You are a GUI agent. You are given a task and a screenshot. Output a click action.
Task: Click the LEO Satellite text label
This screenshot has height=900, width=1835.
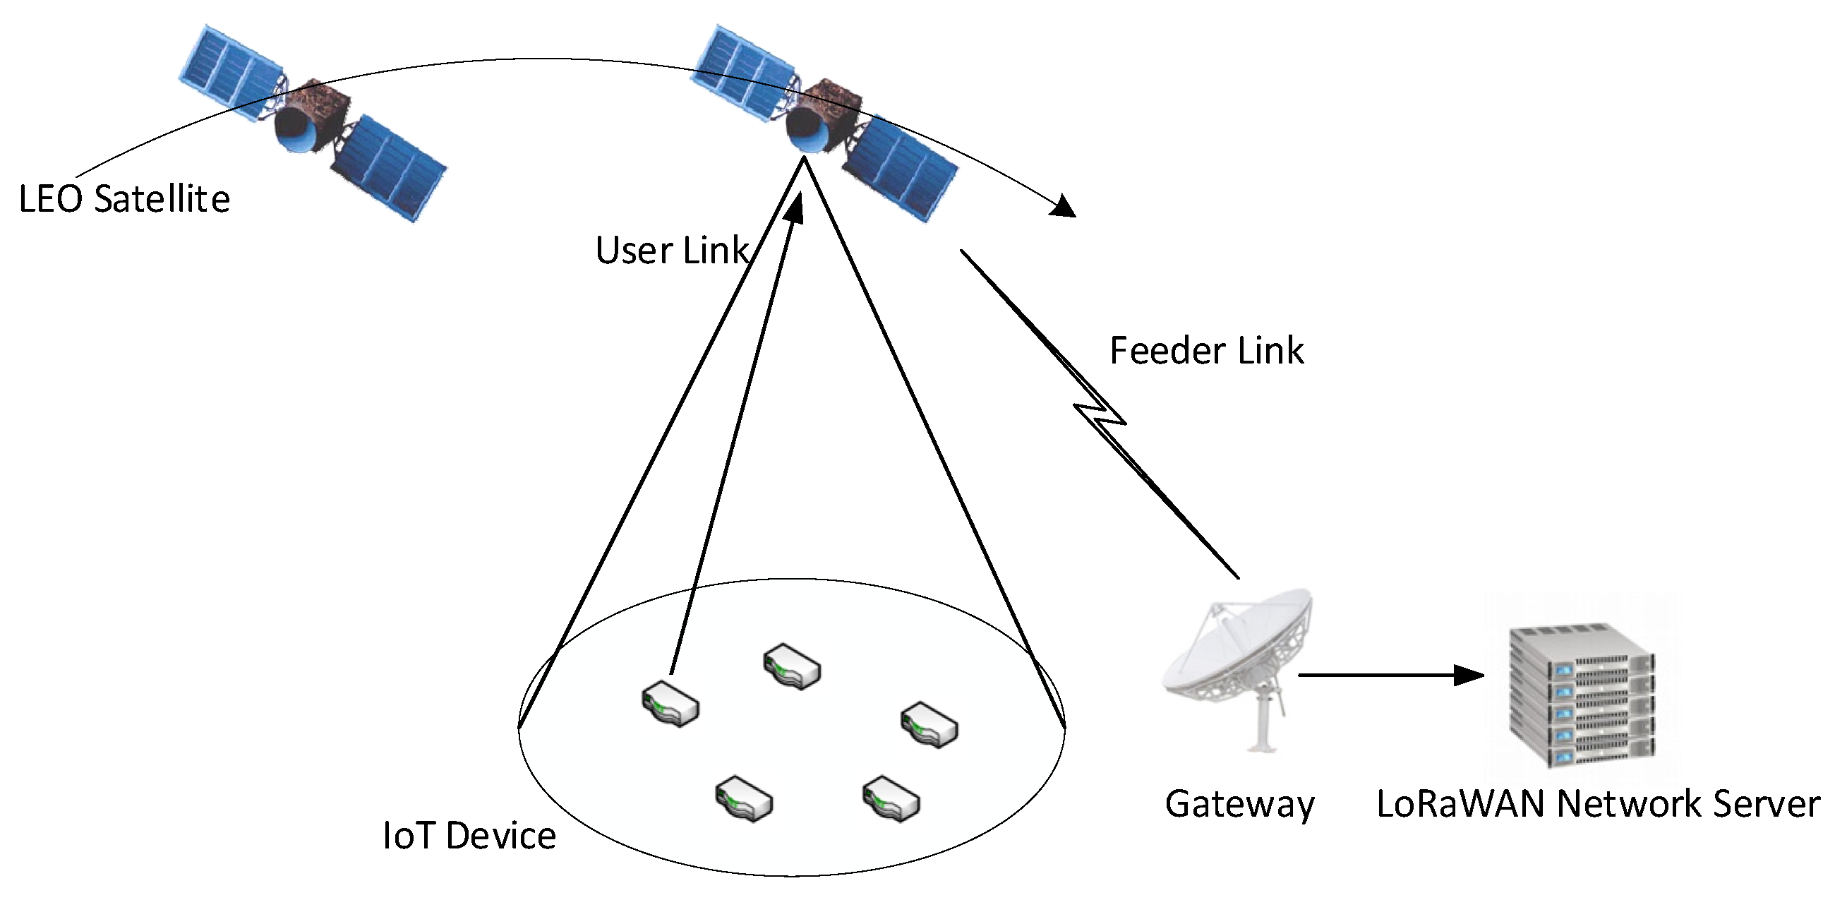click(125, 199)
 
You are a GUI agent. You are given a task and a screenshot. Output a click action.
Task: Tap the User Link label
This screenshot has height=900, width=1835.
click(671, 251)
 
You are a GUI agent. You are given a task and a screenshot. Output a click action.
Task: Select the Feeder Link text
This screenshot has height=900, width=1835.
click(1206, 351)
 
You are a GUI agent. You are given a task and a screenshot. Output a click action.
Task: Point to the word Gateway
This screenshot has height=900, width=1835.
click(1239, 804)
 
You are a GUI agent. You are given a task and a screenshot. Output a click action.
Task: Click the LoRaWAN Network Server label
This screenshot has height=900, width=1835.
click(1598, 804)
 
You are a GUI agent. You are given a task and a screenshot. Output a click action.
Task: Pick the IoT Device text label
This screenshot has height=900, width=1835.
click(469, 836)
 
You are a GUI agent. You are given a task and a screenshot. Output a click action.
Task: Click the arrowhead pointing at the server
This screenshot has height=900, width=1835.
click(1469, 675)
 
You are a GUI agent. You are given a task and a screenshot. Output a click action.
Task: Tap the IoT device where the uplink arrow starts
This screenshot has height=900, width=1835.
click(670, 703)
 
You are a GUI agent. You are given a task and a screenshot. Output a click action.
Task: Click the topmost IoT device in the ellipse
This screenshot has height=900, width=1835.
click(792, 667)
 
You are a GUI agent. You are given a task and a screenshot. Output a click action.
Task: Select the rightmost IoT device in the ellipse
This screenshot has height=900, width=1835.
click(929, 725)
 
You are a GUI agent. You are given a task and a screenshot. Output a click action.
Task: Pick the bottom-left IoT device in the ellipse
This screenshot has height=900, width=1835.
click(744, 799)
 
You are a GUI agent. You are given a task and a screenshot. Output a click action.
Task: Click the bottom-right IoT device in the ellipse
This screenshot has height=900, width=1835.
click(891, 799)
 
